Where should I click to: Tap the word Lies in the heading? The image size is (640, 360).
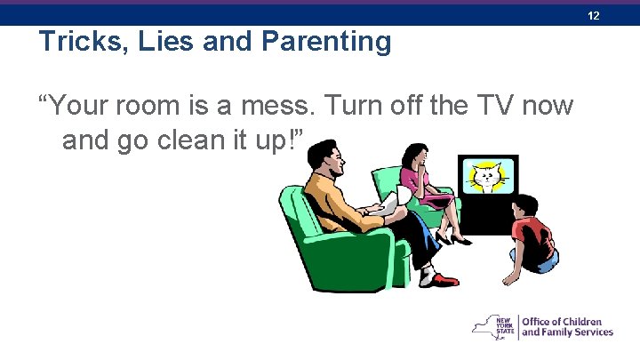(166, 42)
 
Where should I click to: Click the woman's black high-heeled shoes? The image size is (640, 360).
(455, 238)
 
